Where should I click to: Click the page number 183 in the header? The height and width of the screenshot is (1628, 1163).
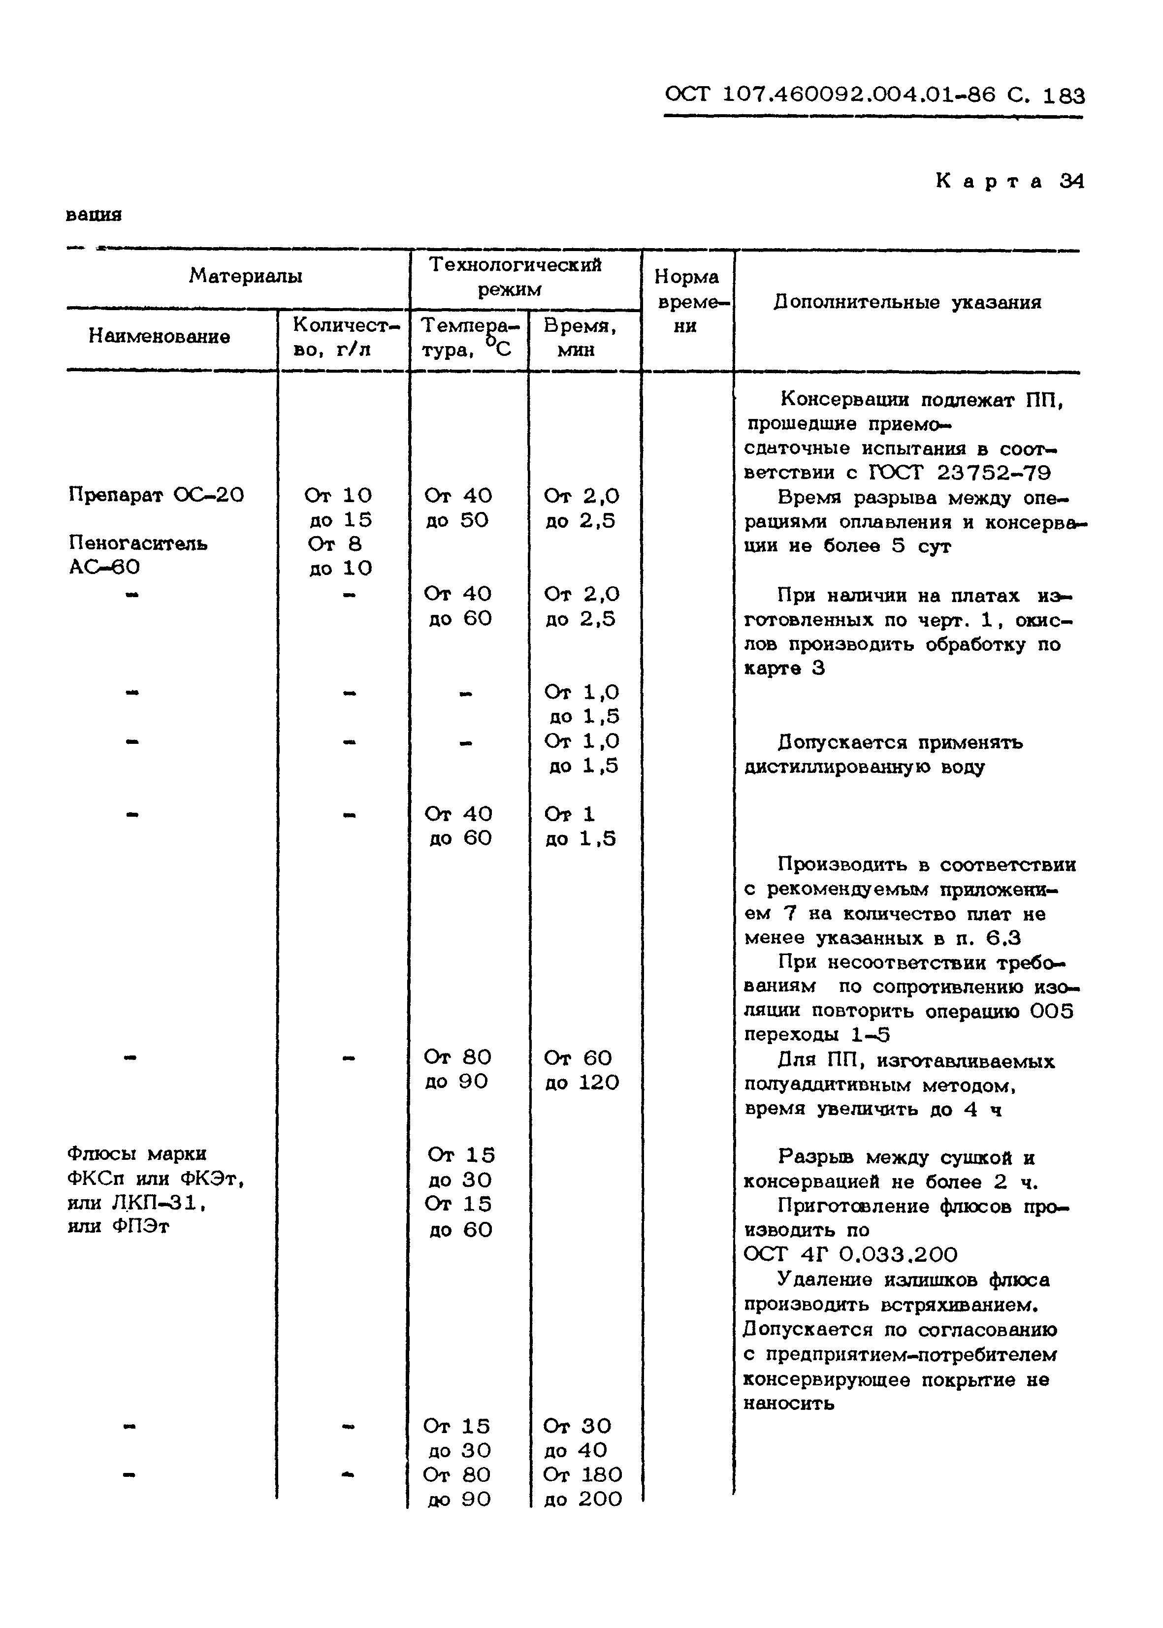pyautogui.click(x=1064, y=95)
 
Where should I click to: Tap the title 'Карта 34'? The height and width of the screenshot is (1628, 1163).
pyautogui.click(x=1010, y=181)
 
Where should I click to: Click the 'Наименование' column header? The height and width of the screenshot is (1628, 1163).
pyautogui.click(x=159, y=337)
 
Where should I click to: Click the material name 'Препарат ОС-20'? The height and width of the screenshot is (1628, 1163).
pyautogui.click(x=156, y=495)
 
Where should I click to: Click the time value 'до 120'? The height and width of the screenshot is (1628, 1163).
pyautogui.click(x=581, y=1083)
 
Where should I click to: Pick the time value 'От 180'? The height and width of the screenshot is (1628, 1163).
pyautogui.click(x=582, y=1475)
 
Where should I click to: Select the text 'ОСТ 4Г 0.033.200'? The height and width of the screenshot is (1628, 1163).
pyautogui.click(x=850, y=1255)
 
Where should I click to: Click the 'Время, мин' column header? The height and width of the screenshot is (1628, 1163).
pyautogui.click(x=580, y=337)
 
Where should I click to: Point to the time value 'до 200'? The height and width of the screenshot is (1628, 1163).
pyautogui.click(x=582, y=1499)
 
